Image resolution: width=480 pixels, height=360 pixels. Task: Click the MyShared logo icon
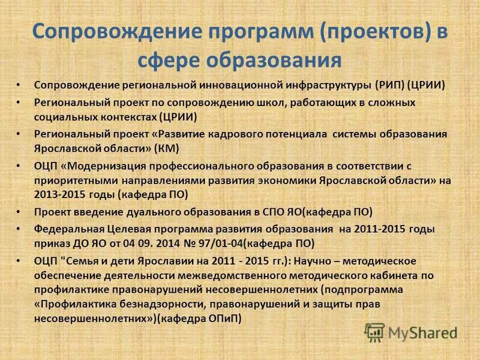[375, 332]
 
